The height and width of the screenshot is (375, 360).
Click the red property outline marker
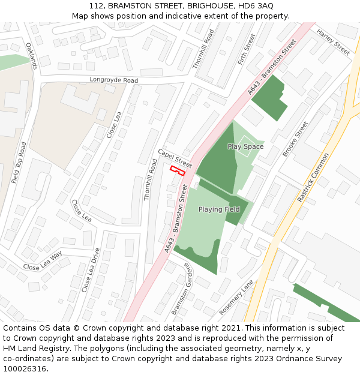[x=177, y=170]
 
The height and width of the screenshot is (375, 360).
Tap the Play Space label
[x=245, y=146]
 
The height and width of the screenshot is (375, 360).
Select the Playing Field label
[x=219, y=209]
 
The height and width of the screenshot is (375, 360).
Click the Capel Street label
[x=175, y=158]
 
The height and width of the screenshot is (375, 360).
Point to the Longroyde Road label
[x=113, y=80]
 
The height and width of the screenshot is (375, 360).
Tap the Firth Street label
[x=246, y=49]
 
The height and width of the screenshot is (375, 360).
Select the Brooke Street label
[x=295, y=139]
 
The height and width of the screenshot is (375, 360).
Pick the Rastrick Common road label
[x=313, y=178]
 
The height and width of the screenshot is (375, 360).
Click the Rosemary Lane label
[x=236, y=301]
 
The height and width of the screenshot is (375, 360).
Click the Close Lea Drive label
[x=91, y=270]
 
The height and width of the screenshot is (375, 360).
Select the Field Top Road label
[x=19, y=163]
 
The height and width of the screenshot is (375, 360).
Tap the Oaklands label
[x=32, y=56]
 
